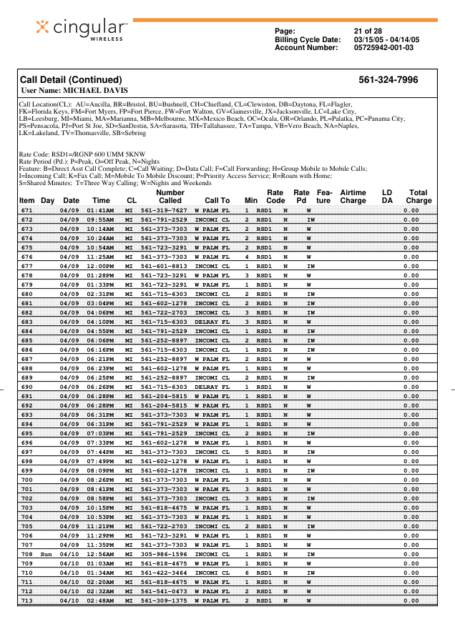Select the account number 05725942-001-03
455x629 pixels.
pos(383,47)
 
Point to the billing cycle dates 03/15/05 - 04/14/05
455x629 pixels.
pos(386,39)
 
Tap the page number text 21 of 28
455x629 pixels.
pos(368,31)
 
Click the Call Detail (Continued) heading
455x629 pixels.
pos(71,80)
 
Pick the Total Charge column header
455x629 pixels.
pos(419,197)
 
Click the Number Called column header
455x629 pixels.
pos(170,197)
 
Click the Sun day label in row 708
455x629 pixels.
pos(47,554)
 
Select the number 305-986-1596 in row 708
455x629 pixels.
pos(164,554)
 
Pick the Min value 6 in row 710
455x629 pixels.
pos(247,573)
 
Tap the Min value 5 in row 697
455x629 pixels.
pos(247,452)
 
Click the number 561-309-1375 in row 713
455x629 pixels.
pos(164,600)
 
